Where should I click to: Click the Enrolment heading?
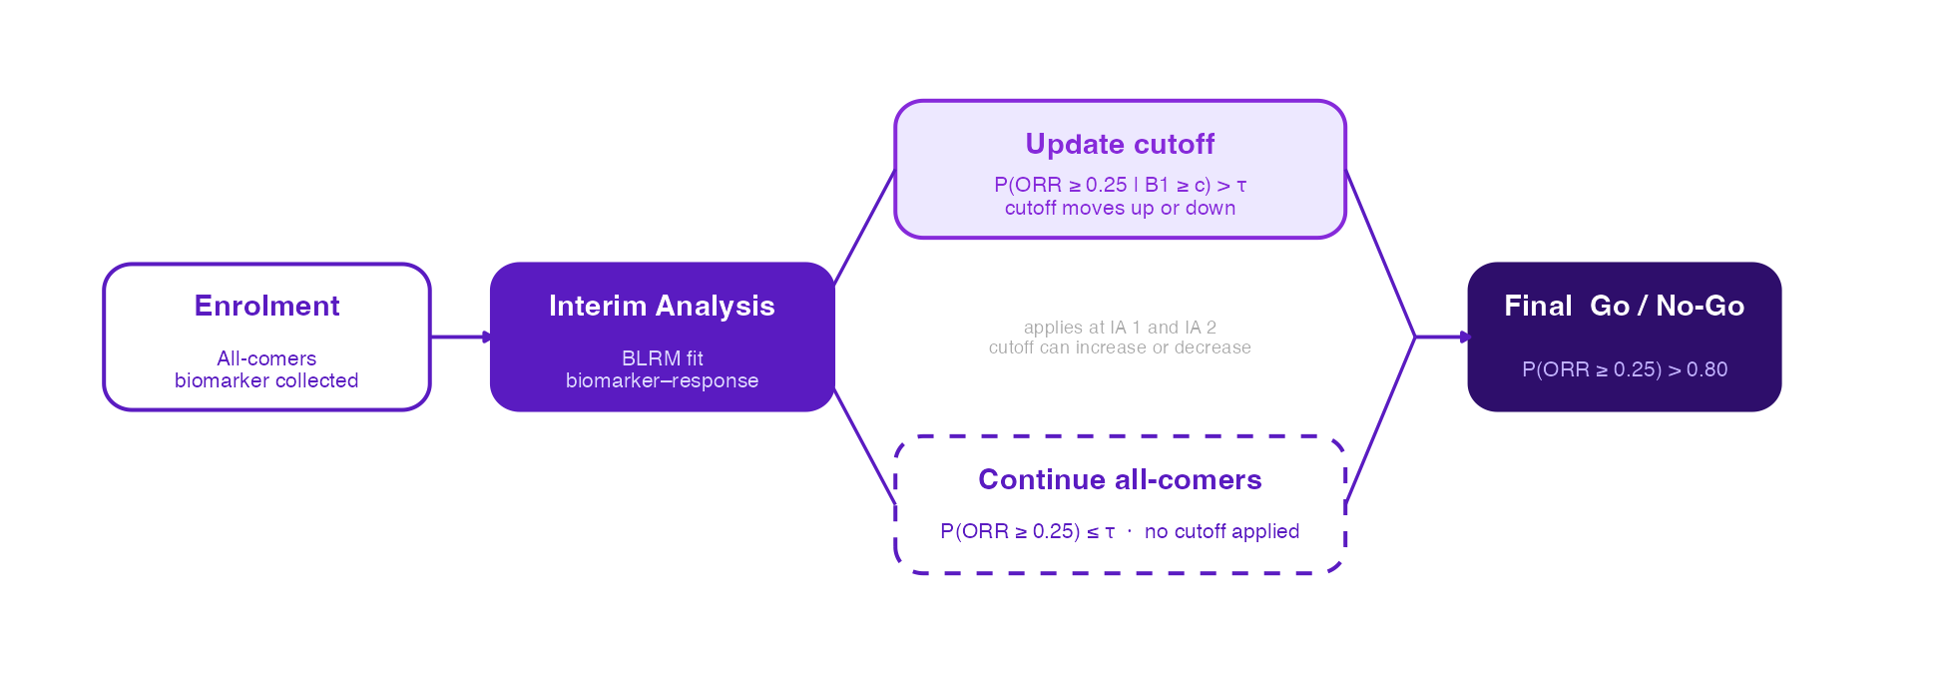tap(266, 306)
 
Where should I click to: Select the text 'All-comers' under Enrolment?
tap(266, 358)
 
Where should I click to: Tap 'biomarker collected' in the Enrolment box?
tap(266, 380)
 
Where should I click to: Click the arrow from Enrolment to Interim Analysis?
tap(461, 337)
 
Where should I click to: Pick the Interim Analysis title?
tap(662, 306)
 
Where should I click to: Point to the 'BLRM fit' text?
tap(662, 358)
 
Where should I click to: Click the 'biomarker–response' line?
tap(662, 380)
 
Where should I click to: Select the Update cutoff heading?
tap(1120, 144)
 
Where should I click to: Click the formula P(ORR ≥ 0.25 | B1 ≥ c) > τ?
tap(1120, 185)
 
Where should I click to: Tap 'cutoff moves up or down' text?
tap(1120, 208)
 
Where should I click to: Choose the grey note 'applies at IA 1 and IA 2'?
tap(1120, 328)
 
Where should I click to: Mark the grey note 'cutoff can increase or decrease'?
tap(1120, 347)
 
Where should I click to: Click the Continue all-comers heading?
tap(1120, 479)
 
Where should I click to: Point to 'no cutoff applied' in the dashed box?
tap(1221, 531)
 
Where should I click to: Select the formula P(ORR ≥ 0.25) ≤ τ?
tap(1027, 531)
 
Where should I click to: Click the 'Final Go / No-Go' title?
tap(1624, 306)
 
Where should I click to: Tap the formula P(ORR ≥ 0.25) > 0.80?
tap(1624, 369)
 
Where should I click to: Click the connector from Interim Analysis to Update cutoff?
tap(864, 228)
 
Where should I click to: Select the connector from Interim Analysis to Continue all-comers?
tap(864, 446)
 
